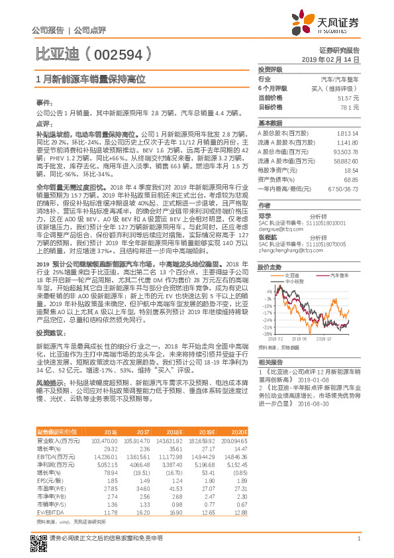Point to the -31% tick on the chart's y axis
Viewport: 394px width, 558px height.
pyautogui.click(x=267, y=327)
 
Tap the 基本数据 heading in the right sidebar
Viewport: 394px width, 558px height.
pyautogui.click(x=270, y=123)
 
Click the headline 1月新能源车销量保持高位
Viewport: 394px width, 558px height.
pyautogui.click(x=90, y=78)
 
